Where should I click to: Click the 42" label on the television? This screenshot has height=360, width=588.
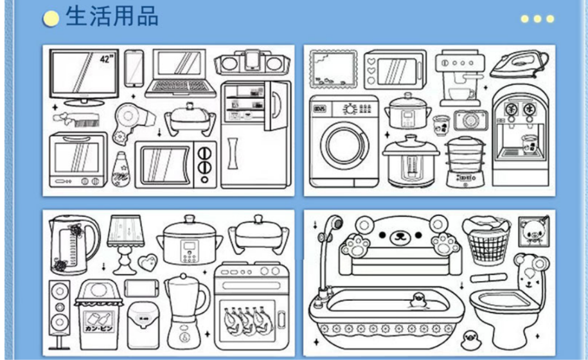tap(105, 59)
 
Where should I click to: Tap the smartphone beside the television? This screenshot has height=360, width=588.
tap(134, 68)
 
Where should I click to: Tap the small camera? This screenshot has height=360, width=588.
tap(470, 120)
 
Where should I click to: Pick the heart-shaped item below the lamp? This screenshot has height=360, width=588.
tap(147, 262)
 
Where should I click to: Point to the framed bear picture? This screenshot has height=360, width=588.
tap(532, 230)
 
